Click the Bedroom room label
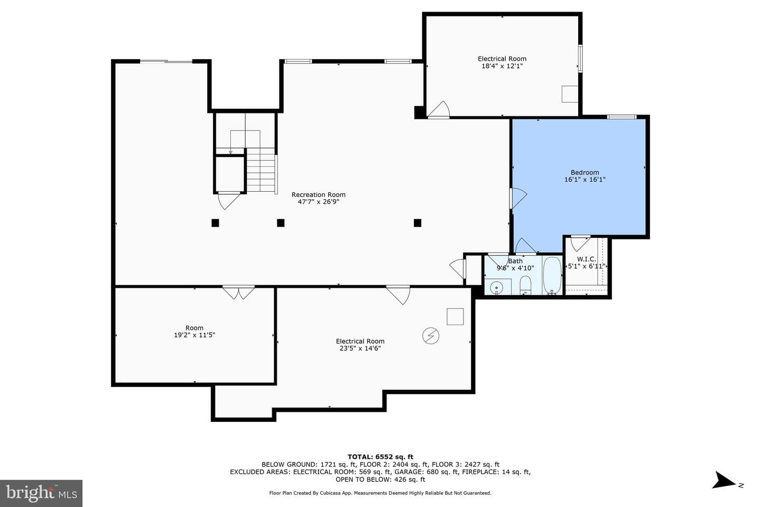584,173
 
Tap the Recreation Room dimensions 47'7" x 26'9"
318,202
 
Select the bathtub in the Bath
552,275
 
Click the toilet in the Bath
525,285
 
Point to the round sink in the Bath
496,288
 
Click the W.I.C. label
587,259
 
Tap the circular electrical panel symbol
430,336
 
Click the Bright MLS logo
41,493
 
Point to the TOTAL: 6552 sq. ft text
380,457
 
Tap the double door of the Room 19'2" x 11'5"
238,293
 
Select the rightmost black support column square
417,223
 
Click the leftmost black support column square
215,223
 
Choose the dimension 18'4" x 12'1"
502,66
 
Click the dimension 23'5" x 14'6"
360,349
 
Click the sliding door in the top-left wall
166,61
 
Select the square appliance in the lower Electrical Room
455,316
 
